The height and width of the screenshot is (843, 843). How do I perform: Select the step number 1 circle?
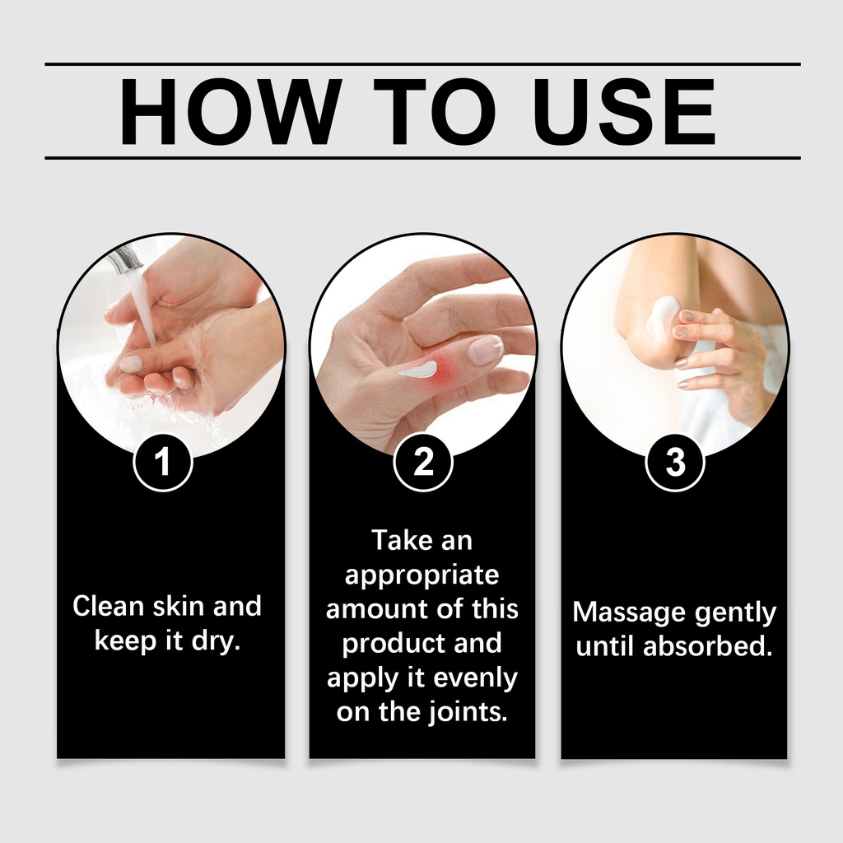pos(163,463)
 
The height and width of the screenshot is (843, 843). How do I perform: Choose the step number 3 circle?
pos(675,463)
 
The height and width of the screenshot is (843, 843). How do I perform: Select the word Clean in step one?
pos(109,606)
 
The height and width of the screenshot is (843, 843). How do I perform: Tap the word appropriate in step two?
pos(422,576)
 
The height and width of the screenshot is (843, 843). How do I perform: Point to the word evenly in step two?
pos(475,678)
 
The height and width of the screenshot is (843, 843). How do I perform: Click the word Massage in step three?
pos(629,612)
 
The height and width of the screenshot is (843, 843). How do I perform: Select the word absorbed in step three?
pos(707,646)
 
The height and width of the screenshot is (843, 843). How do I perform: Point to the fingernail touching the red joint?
pos(485,349)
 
